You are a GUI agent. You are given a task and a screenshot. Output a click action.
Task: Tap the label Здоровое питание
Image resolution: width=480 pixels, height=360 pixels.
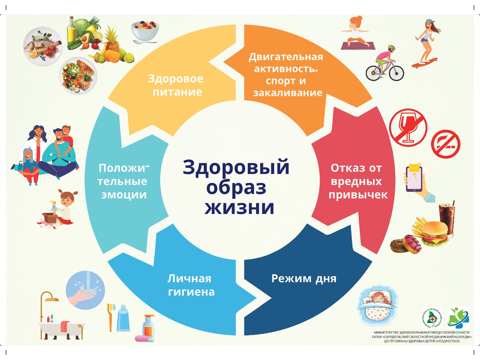pyautogui.click(x=175, y=85)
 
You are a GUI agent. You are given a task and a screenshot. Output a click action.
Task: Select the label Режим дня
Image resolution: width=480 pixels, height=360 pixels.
pyautogui.click(x=304, y=278)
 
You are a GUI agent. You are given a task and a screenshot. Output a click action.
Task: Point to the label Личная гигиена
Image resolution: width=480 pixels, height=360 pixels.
pyautogui.click(x=191, y=285)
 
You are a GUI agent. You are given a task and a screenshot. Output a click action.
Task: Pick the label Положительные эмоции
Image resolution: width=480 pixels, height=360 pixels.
pyautogui.click(x=122, y=181)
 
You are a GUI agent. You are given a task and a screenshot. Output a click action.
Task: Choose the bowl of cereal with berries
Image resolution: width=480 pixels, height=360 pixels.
pyautogui.click(x=145, y=31)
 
